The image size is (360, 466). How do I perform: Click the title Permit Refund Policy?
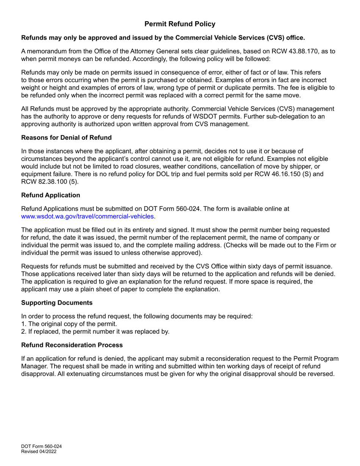tap(180, 24)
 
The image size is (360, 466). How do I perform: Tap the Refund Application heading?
tap(51, 195)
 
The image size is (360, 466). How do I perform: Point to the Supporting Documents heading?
tap(57, 303)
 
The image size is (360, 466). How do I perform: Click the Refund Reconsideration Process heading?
tap(72, 345)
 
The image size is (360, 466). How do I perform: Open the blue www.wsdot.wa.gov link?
tap(88, 216)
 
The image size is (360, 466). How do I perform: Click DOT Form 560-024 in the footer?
tap(41, 446)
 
